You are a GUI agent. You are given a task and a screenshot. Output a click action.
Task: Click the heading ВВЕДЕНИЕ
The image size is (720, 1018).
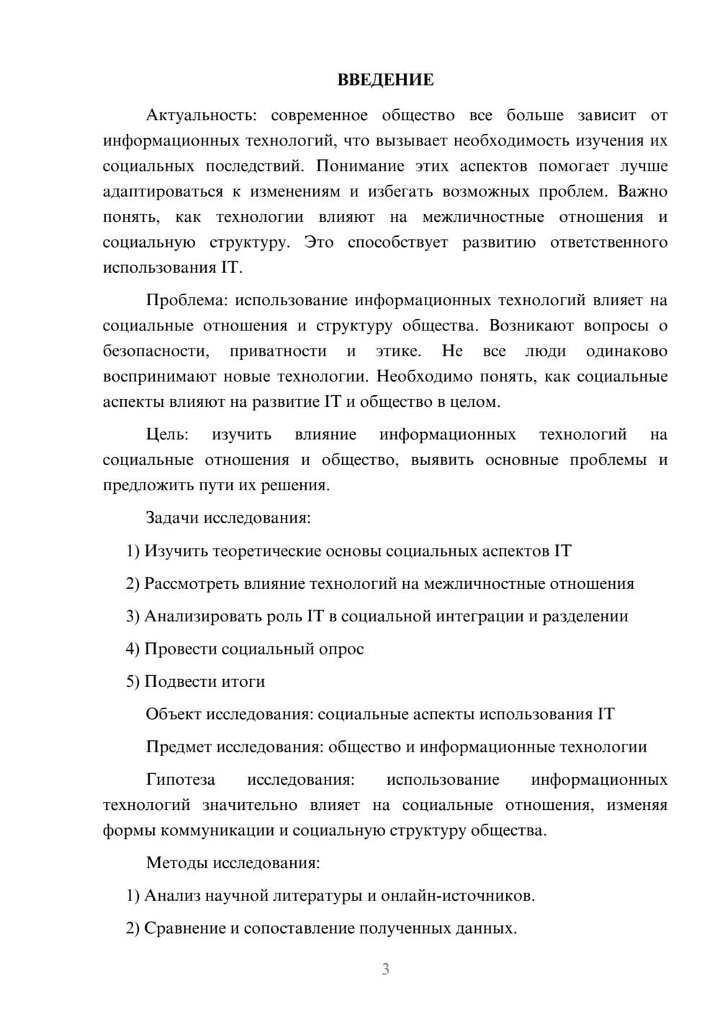pos(385,80)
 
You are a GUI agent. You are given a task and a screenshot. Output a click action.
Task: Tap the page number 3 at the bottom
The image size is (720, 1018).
pos(385,969)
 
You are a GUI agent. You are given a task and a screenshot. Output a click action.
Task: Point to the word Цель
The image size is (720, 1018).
pos(167,434)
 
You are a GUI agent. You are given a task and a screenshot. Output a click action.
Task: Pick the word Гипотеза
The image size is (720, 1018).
pos(180,780)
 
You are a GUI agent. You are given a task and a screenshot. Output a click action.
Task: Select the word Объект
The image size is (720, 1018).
pos(174,714)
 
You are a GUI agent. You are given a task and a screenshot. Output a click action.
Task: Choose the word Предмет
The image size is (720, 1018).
pos(179,747)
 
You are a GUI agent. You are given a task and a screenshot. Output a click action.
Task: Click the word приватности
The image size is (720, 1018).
pos(278,351)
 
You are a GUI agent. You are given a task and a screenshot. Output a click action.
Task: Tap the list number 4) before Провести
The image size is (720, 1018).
pos(132,649)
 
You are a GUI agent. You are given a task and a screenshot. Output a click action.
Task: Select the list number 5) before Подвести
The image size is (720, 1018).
pos(132,681)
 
